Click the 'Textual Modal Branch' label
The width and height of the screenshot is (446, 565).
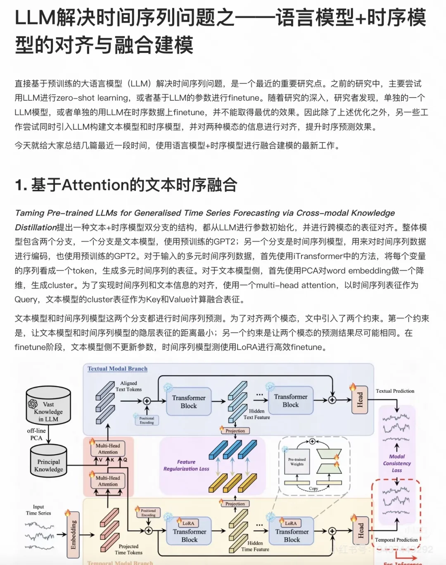[x=117, y=369]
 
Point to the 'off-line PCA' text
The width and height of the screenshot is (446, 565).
[x=36, y=434]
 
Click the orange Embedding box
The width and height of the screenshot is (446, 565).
[x=73, y=534]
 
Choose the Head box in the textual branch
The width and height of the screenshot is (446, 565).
[x=360, y=399]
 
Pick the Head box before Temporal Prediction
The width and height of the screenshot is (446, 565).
[x=361, y=531]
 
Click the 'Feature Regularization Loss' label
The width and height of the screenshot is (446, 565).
[x=186, y=465]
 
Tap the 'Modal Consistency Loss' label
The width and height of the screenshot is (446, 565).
[x=397, y=463]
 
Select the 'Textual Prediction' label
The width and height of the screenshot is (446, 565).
[x=395, y=391]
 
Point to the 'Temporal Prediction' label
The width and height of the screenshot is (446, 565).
[x=396, y=540]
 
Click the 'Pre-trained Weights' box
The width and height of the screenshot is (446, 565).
[x=297, y=462]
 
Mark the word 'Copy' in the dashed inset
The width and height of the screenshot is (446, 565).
[x=313, y=489]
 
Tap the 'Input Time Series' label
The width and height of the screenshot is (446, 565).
[x=38, y=510]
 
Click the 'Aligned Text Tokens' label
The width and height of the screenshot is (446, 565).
[x=128, y=386]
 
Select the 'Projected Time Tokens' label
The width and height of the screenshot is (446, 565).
[x=128, y=549]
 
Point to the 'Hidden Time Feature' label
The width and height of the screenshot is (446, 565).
[x=255, y=546]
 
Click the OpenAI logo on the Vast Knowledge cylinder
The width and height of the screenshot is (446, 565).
[x=33, y=404]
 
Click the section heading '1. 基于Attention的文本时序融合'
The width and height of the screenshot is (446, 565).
[x=126, y=185]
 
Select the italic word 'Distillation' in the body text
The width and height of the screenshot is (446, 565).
[x=36, y=227]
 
